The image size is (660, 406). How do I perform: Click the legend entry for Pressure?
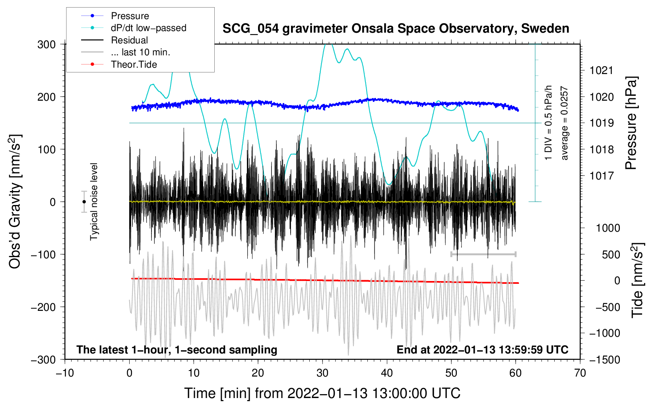130,16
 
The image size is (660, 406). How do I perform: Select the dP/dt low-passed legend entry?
148,28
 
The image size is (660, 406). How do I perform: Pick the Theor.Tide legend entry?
134,64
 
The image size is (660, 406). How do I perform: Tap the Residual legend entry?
129,40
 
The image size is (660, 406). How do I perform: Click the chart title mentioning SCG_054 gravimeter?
396,29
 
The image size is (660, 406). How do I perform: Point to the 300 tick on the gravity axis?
47,45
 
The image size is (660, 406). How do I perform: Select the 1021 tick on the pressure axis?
601,71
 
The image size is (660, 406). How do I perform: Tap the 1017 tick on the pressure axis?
601,176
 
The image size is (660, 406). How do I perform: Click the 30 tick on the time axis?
322,373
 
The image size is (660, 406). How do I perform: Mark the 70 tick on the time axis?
580,373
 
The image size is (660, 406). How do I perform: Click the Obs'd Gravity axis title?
15,201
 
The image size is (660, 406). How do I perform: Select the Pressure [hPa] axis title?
631,123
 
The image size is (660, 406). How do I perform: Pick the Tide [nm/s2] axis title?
637,280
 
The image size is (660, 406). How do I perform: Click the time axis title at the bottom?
322,393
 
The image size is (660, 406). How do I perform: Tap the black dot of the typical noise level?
84,202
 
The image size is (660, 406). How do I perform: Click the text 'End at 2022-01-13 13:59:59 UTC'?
482,350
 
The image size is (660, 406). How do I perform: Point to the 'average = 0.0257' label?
565,123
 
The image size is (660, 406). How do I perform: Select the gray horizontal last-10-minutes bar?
483,254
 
